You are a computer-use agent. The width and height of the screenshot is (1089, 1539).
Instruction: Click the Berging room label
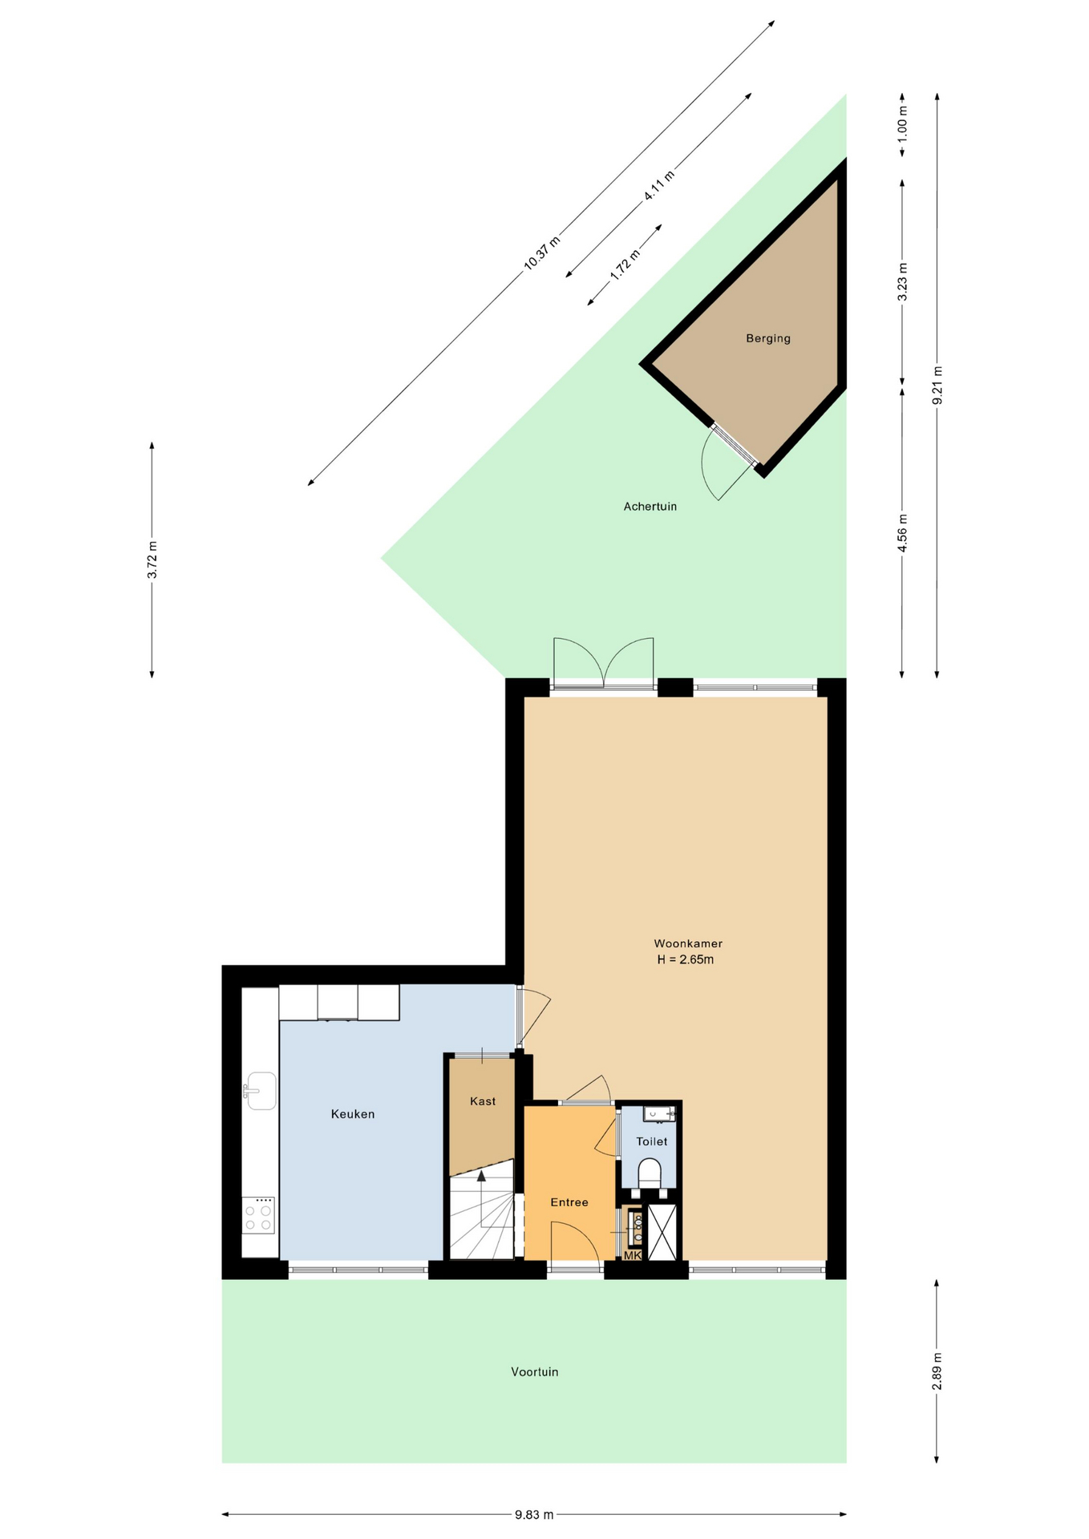point(767,338)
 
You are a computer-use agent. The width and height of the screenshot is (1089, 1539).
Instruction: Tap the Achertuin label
point(650,507)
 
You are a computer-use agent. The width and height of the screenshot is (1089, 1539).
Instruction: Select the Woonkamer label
point(688,943)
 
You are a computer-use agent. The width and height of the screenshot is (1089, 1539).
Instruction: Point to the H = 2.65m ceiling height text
point(686,959)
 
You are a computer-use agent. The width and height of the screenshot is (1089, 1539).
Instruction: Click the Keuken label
point(353,1114)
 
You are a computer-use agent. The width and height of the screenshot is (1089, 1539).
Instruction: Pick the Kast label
point(483,1101)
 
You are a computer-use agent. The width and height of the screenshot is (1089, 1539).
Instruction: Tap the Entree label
point(569,1202)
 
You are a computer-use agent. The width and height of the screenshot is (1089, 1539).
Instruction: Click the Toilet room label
point(651,1141)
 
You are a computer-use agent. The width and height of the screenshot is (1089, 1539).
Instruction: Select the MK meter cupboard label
point(632,1255)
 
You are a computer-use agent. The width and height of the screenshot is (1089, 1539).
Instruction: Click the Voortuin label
point(535,1371)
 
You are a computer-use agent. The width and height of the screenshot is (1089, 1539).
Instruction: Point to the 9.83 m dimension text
point(534,1514)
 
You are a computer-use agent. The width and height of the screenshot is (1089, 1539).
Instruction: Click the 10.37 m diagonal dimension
point(541,253)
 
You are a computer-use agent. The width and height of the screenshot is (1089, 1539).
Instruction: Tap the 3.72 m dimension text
point(152,559)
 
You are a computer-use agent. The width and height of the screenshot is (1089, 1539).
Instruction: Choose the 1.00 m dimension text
point(902,120)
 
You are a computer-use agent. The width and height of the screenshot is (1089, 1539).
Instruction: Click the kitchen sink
point(261,1091)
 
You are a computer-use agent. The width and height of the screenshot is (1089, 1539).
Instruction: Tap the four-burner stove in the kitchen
point(258,1215)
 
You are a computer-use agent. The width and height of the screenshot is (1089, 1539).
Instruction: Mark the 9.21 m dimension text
point(937,386)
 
